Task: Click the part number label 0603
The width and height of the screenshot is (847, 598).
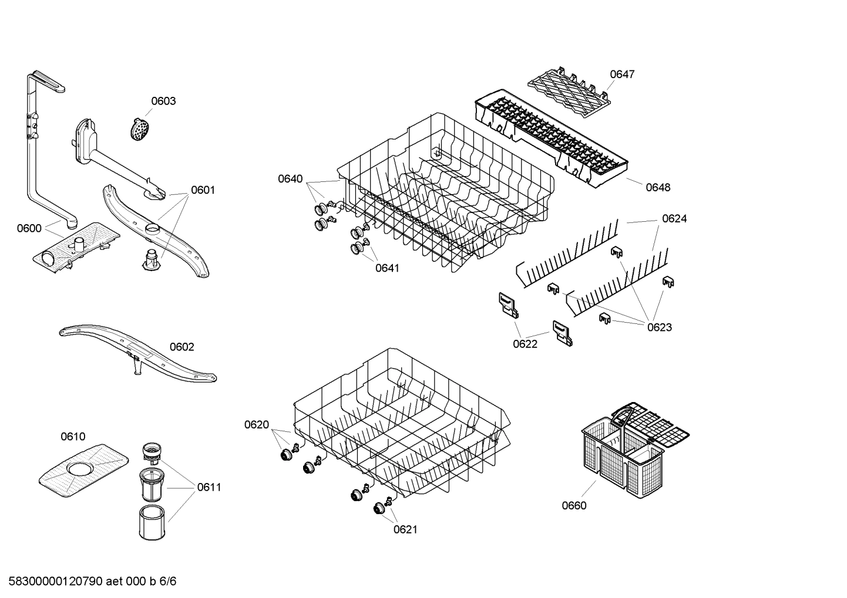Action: [x=163, y=101]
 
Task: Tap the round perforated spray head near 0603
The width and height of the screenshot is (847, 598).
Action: [x=139, y=129]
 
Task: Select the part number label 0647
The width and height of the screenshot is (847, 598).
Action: [x=622, y=74]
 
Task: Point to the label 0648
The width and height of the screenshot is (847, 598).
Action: [x=658, y=187]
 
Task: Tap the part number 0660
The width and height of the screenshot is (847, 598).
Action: [x=574, y=505]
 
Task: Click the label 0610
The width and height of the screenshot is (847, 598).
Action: [x=73, y=436]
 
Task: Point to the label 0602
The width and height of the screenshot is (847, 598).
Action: [x=181, y=347]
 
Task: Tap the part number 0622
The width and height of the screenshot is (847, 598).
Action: [x=525, y=344]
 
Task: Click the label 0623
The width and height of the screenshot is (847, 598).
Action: [x=660, y=327]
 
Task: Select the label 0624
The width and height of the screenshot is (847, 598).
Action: [x=674, y=218]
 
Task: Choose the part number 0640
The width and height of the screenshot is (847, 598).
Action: [x=290, y=178]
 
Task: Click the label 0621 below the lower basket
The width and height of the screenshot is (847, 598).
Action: [x=405, y=529]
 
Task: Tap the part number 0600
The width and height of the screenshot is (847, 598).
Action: [x=29, y=228]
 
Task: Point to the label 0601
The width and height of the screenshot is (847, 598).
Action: [x=203, y=190]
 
